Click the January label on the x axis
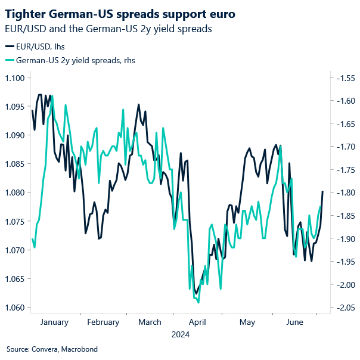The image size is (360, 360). [x=54, y=322]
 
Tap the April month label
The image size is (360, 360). [x=197, y=322]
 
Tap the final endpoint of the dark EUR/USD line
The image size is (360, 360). [x=322, y=191]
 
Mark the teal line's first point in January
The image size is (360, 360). [x=32, y=239]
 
